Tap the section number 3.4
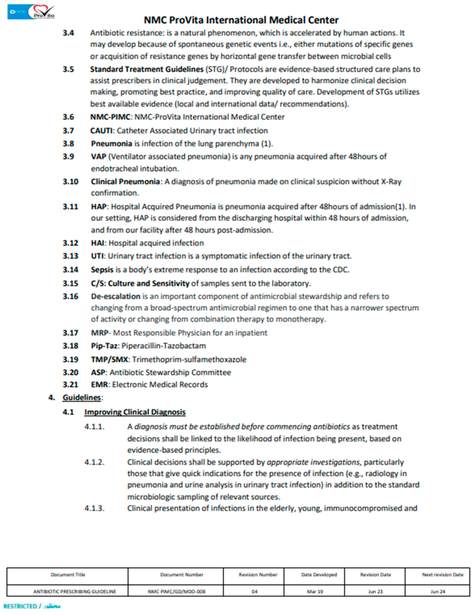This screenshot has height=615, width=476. coord(68,33)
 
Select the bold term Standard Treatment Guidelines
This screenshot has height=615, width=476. coord(147,69)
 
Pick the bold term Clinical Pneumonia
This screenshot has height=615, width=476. coord(125,182)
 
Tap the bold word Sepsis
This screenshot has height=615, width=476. coord(102,270)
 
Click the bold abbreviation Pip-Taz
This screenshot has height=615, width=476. coord(104,346)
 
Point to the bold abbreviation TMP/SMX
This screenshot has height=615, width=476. coord(109,360)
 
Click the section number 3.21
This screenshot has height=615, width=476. coord(70,385)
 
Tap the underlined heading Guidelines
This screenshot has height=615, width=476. coord(82,398)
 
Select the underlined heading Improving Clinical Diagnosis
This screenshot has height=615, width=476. coord(135,412)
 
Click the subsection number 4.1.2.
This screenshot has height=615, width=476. coord(95,462)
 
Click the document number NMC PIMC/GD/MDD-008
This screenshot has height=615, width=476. coord(177,591)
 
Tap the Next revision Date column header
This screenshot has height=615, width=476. coord(443,575)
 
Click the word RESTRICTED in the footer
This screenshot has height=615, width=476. coord(20,606)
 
